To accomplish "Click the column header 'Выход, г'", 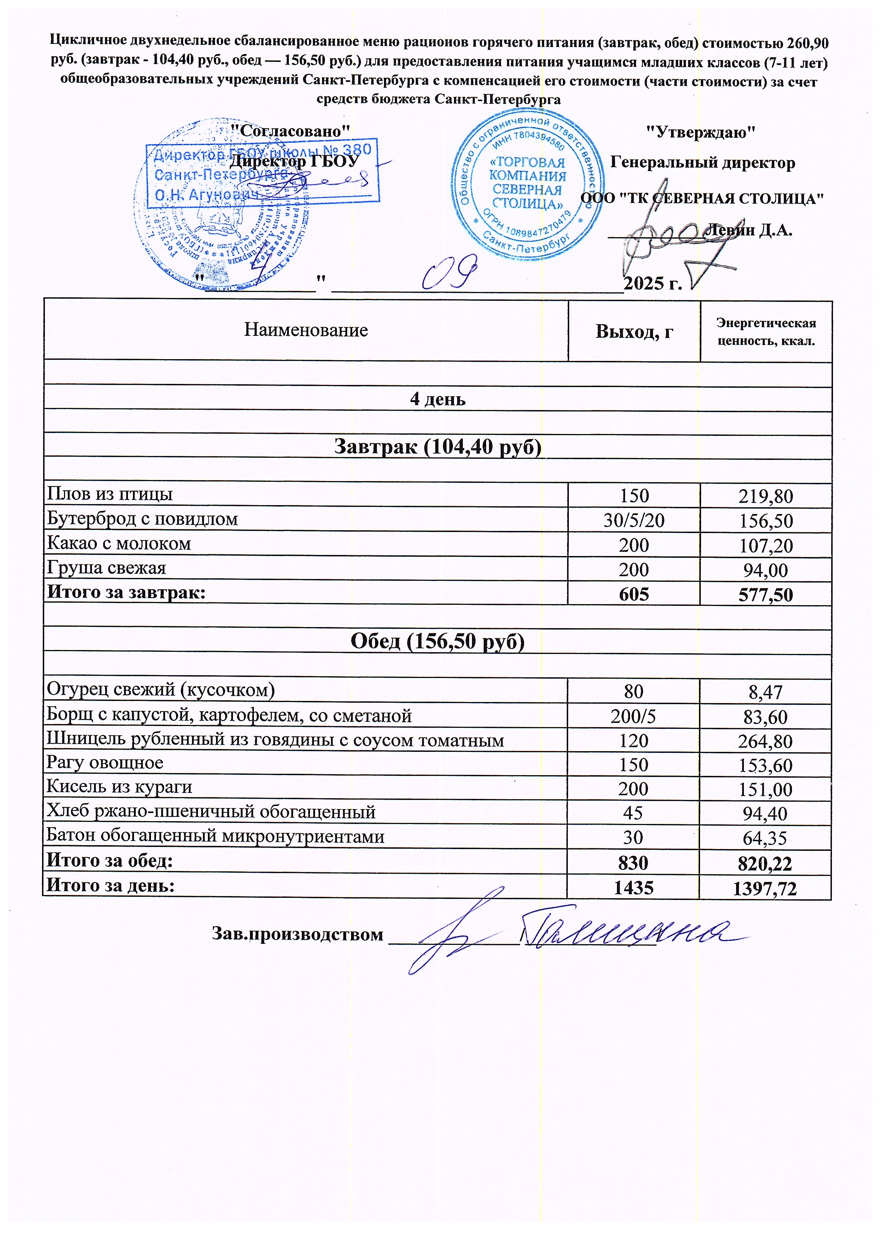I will coord(634,331).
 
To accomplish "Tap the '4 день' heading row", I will coord(437,399).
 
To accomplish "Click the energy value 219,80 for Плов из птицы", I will coord(766,496).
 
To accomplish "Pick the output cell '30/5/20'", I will coord(634,520).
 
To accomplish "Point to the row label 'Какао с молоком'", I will coord(119,543).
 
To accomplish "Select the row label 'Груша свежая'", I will coord(107,568).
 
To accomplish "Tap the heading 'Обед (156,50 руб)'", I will coord(437,641).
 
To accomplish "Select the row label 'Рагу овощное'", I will coord(105,763).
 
